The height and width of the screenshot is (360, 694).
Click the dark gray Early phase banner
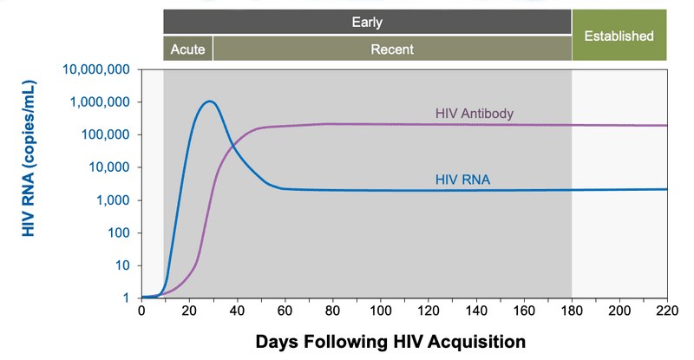pos(367,23)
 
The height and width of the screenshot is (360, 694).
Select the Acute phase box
pos(188,49)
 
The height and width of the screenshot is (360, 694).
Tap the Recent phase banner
pos(392,49)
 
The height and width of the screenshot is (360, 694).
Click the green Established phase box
pos(619,36)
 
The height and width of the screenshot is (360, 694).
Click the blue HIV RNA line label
pos(462,180)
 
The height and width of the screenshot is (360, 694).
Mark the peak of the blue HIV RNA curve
pos(209,101)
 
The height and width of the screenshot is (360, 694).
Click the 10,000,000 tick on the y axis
pos(93,69)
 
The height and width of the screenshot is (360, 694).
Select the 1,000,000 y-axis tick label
pos(96,102)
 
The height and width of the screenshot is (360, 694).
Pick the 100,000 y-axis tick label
pos(101,135)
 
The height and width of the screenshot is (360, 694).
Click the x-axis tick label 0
pos(141,311)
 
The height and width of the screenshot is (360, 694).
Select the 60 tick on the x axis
pos(285,311)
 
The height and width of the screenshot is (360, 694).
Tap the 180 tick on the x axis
pos(572,311)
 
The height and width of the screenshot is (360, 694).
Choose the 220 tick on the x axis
pos(667,311)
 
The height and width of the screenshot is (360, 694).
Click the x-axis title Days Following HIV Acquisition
pos(390,342)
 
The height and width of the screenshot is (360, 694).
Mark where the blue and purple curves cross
pos(233,151)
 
